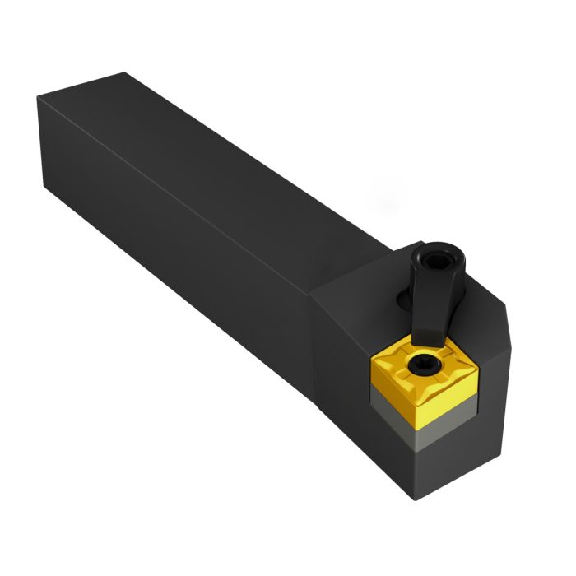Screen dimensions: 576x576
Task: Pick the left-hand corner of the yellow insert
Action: (x=370, y=362)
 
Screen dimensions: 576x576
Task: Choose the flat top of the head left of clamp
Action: (x=354, y=284)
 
